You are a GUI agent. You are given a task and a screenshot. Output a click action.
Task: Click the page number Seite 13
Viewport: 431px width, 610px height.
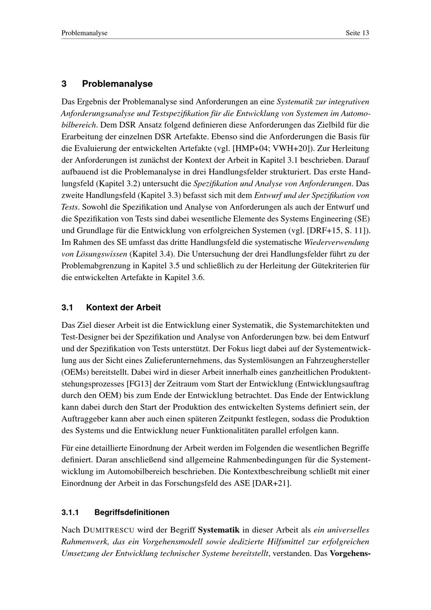357,33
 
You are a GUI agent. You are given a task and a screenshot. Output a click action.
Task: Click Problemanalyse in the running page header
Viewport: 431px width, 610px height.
84,33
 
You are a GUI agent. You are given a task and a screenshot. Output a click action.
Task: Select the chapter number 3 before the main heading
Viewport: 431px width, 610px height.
64,84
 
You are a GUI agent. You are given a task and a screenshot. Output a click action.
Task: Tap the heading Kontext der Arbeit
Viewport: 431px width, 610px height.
123,308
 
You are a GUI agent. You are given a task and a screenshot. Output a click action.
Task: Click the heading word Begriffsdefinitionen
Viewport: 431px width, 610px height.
132,513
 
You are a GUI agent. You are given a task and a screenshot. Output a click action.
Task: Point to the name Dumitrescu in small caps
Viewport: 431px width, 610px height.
109,530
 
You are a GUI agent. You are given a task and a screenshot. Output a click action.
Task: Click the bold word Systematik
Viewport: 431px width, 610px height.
219,530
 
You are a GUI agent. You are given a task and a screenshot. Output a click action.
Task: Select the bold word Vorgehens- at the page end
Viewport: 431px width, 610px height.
350,553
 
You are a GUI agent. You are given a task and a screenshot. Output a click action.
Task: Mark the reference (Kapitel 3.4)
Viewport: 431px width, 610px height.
151,254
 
